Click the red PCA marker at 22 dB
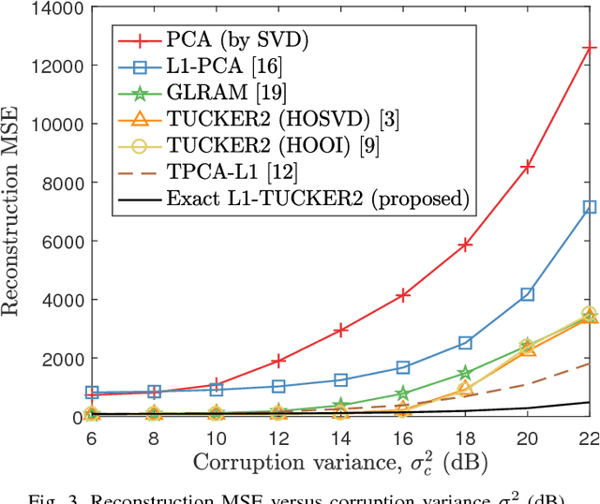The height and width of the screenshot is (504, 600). click(590, 47)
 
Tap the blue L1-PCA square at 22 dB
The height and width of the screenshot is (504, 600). click(590, 207)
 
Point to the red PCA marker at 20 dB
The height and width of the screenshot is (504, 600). click(528, 166)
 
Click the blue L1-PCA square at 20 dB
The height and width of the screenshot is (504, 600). click(528, 294)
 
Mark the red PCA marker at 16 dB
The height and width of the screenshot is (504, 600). click(403, 295)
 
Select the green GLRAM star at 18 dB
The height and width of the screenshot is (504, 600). click(466, 373)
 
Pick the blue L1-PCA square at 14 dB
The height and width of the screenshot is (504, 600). click(341, 379)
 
